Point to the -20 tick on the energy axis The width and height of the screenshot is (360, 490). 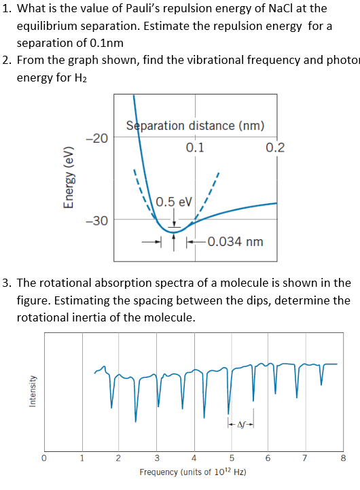[x=97, y=138]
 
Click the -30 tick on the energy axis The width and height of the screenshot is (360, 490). [x=97, y=220]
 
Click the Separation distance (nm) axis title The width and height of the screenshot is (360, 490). [x=195, y=126]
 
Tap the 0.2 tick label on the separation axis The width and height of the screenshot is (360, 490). [x=275, y=147]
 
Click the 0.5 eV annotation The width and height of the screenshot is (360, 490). [x=174, y=202]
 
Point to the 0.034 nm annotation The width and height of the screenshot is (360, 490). [x=235, y=241]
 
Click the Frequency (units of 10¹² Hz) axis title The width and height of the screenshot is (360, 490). [x=193, y=472]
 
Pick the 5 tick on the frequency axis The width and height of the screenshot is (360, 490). [x=231, y=457]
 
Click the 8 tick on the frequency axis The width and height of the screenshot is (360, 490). [x=343, y=457]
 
